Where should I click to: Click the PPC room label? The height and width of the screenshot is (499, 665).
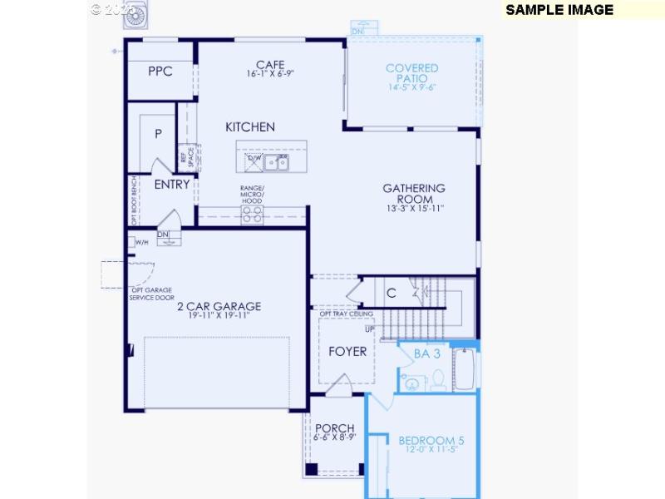pyautogui.click(x=160, y=72)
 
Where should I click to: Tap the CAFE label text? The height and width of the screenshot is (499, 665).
pyautogui.click(x=270, y=65)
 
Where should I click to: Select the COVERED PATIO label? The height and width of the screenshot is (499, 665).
pyautogui.click(x=411, y=73)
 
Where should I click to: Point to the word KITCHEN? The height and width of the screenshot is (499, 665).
pyautogui.click(x=250, y=127)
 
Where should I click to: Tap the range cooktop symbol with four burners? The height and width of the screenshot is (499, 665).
pyautogui.click(x=252, y=214)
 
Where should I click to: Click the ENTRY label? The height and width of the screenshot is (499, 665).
pyautogui.click(x=171, y=185)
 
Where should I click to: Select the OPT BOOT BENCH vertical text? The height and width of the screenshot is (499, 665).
pyautogui.click(x=133, y=200)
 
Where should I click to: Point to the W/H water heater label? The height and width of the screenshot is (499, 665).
pyautogui.click(x=141, y=243)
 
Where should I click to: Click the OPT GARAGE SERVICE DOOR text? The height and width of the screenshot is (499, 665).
pyautogui.click(x=151, y=294)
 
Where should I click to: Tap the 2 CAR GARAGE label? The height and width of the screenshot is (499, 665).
pyautogui.click(x=219, y=306)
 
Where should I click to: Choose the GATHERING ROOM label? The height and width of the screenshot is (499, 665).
pyautogui.click(x=413, y=194)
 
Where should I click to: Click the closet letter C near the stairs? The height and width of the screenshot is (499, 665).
pyautogui.click(x=391, y=293)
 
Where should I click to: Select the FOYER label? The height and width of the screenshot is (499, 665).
pyautogui.click(x=347, y=351)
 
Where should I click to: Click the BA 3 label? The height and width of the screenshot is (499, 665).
pyautogui.click(x=426, y=353)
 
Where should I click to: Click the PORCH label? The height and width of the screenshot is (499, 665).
pyautogui.click(x=334, y=429)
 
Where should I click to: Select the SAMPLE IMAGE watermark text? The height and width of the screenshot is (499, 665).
pyautogui.click(x=559, y=10)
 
